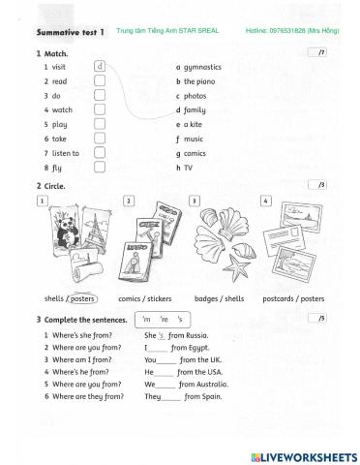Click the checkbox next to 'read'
[x=100, y=82]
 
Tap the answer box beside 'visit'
[x=100, y=68]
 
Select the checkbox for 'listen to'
[x=100, y=152]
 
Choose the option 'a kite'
[x=195, y=125]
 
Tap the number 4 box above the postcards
[x=267, y=200]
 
